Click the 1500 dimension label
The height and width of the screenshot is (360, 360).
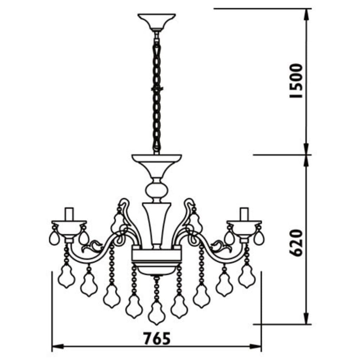point(296,81)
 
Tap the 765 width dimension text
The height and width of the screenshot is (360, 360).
point(157,338)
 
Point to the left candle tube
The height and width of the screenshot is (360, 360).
point(69,214)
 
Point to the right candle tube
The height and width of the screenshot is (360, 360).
point(244,214)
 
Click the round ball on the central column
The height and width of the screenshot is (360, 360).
point(156,189)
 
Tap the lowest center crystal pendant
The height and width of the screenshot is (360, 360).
point(156,313)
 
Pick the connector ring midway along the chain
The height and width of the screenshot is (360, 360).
point(157,89)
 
